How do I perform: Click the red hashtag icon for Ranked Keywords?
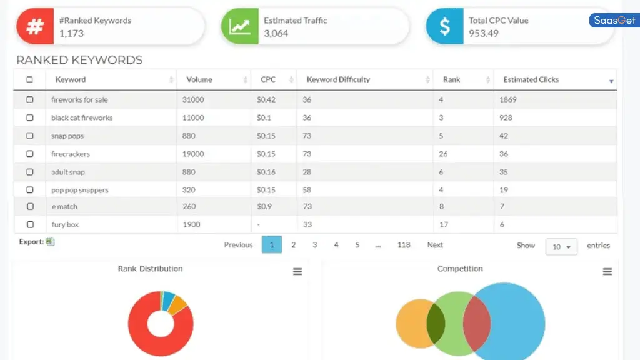coord(35,27)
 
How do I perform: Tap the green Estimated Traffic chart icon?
coord(240,27)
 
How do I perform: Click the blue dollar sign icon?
coord(444,27)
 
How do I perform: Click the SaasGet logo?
coord(614,21)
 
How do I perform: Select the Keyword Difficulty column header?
coord(338,79)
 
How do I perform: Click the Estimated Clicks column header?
coord(531,79)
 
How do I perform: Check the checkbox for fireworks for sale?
coord(30,99)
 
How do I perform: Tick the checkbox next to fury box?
coord(30,224)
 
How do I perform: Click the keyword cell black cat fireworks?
coord(82,117)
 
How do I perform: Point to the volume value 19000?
coord(193,154)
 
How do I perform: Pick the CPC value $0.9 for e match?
coord(264,206)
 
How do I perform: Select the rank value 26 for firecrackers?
coord(443,154)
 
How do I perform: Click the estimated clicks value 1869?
coord(508,99)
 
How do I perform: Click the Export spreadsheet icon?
coord(51,242)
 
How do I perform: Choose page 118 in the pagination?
coord(404,245)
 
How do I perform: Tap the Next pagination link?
coord(435,245)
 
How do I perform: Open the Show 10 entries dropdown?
coord(561,247)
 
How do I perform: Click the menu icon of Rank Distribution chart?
coord(297,271)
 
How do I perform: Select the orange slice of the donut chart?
coord(178,304)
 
